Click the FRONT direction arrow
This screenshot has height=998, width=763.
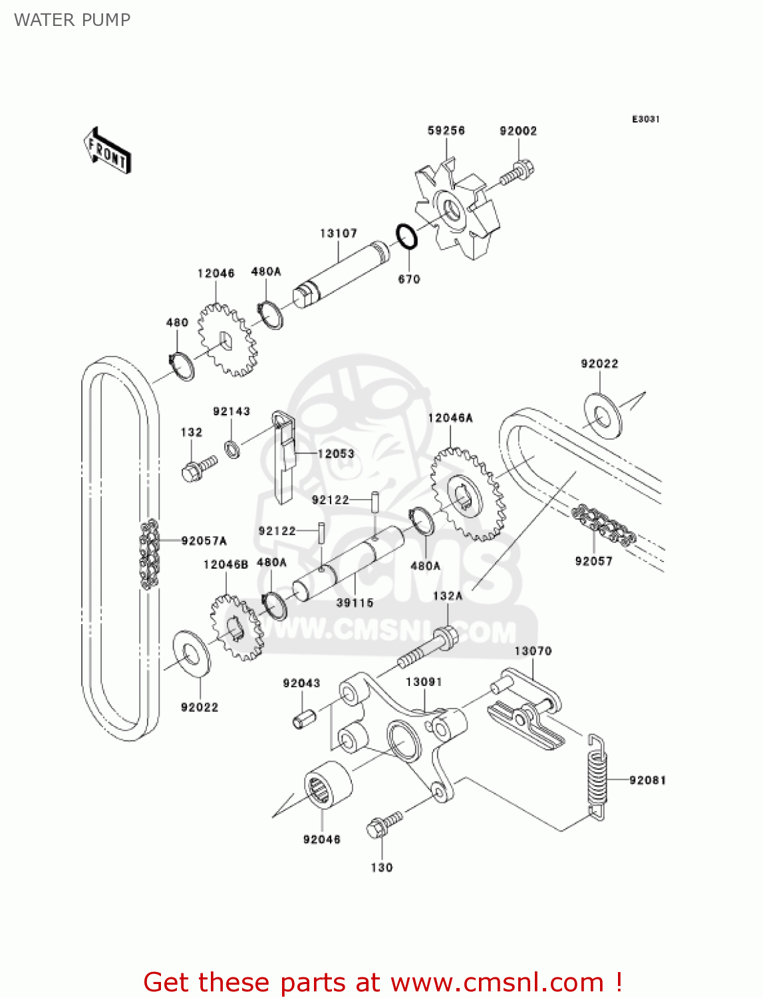[107, 150]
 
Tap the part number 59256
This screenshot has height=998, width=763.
[446, 131]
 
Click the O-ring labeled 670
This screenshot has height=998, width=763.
[406, 236]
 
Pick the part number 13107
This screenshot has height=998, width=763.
[339, 234]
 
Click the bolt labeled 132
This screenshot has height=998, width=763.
[198, 467]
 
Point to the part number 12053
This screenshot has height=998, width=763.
[336, 454]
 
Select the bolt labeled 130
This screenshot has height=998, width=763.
[384, 823]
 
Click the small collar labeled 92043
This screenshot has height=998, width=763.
[303, 719]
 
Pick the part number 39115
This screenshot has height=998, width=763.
[355, 603]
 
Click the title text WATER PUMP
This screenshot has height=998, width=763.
[72, 20]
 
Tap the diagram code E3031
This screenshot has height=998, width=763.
[645, 119]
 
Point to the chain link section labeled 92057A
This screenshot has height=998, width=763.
[149, 554]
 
